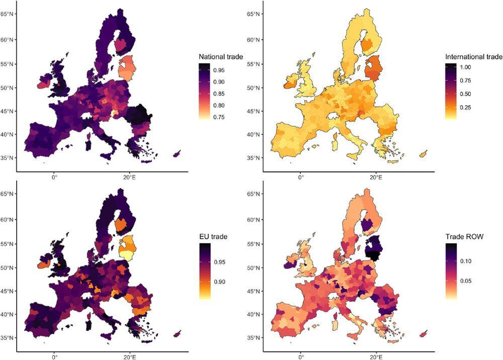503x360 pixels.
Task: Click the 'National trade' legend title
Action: click(221, 57)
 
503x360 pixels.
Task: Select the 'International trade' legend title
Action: click(473, 57)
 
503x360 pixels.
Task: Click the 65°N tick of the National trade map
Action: click(8, 14)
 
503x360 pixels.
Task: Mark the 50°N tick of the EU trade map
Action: click(8, 267)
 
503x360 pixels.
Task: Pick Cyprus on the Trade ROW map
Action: click(425, 333)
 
